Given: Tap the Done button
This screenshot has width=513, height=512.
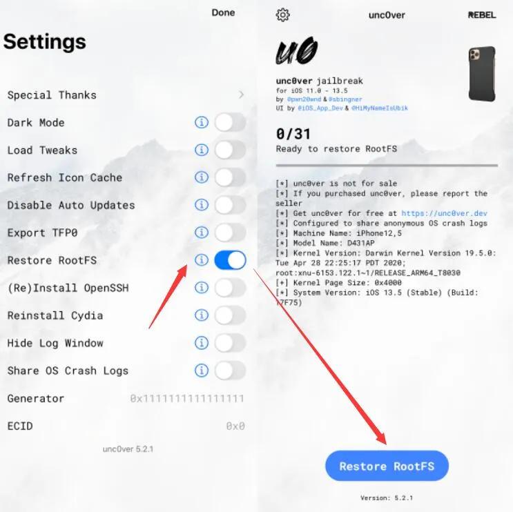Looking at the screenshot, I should tap(223, 12).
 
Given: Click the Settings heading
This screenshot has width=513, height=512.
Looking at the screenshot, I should tap(45, 41).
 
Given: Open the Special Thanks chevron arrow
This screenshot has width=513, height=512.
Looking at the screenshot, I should tap(241, 95).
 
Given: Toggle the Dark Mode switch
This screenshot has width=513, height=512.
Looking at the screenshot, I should tap(230, 122).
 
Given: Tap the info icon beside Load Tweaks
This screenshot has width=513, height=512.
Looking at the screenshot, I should tap(202, 150).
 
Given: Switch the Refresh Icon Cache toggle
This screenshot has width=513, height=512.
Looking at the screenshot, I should tap(230, 177).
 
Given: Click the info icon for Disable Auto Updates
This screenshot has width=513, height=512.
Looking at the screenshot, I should tap(202, 205).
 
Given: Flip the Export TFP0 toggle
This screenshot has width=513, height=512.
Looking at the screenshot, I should tap(230, 233).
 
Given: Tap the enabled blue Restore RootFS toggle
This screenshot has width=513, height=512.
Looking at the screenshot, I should tap(230, 260).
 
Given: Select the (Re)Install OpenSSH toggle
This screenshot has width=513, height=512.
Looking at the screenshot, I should tap(230, 288).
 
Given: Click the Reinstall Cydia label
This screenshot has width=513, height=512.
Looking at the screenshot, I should tap(55, 315).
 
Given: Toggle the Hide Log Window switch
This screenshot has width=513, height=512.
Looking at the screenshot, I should tap(230, 343).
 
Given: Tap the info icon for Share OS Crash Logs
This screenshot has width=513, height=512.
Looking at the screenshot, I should tap(202, 371).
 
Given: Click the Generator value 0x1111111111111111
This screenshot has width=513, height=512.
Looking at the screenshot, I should tap(187, 399).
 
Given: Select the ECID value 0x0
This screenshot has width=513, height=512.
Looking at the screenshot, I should tap(235, 426).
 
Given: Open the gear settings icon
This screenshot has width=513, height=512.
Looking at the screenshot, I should tap(282, 14).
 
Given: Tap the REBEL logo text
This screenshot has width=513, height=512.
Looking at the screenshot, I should tap(482, 14).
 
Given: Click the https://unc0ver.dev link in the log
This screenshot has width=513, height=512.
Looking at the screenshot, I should tap(444, 213).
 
